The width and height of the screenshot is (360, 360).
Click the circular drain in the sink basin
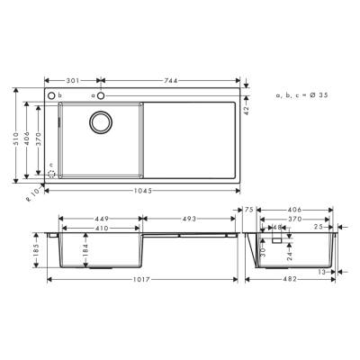[x=100, y=121]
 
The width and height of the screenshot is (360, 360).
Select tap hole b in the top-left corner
[x=51, y=94]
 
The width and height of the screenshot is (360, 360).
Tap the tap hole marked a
[x=103, y=94]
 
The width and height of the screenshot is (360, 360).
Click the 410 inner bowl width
[x=100, y=228]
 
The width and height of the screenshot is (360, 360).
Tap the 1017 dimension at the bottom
[x=138, y=280]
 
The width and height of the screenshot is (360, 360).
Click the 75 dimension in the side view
[x=251, y=209]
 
